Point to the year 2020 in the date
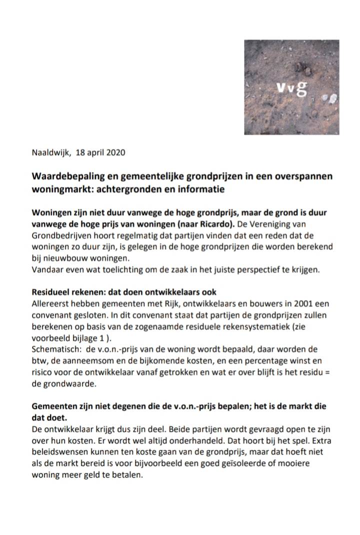click(x=115, y=152)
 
